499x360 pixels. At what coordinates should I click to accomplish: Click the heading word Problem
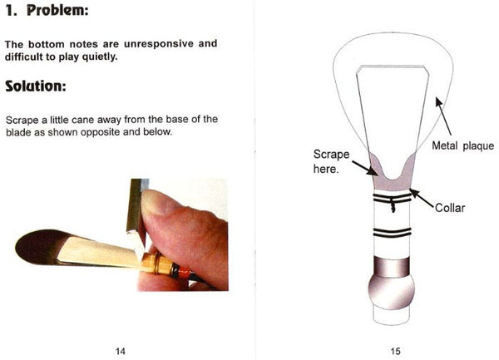click(x=57, y=10)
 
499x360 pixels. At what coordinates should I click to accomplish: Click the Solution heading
click(x=36, y=86)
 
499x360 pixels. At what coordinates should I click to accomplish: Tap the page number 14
click(x=121, y=352)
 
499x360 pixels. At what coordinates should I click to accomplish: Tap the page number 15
click(x=395, y=352)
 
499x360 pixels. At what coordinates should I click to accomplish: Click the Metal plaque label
click(x=462, y=146)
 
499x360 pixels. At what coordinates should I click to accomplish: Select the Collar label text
click(x=450, y=208)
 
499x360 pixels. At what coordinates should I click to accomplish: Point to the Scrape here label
click(x=331, y=161)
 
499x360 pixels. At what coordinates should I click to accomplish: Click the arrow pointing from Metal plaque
click(x=443, y=116)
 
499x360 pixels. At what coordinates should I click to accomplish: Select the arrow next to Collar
click(x=422, y=199)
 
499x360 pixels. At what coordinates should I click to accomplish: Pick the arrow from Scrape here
click(x=365, y=168)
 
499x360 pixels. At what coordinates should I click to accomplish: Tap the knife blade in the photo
click(x=137, y=216)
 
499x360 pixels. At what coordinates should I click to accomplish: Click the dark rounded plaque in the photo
click(x=40, y=246)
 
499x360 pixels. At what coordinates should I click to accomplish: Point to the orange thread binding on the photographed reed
click(x=184, y=271)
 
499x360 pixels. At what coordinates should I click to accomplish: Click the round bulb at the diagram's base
click(x=392, y=291)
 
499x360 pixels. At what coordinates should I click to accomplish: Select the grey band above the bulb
click(x=392, y=267)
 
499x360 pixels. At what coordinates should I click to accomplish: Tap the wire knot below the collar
click(x=393, y=206)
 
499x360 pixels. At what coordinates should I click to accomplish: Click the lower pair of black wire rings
click(x=392, y=233)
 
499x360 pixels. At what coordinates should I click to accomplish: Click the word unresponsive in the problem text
click(x=159, y=43)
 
